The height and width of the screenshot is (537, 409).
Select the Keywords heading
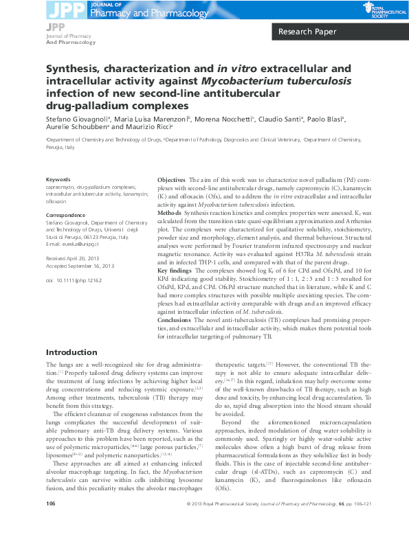(58, 179)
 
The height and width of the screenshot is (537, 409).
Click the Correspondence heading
(65, 216)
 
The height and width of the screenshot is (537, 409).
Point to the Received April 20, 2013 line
(73, 258)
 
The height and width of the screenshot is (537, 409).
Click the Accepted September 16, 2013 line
(80, 265)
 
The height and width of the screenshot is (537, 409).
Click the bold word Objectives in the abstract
(171, 179)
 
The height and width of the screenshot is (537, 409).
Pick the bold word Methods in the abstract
(169, 214)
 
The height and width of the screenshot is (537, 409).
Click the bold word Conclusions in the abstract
(175, 321)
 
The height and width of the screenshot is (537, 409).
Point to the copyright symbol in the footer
(189, 523)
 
